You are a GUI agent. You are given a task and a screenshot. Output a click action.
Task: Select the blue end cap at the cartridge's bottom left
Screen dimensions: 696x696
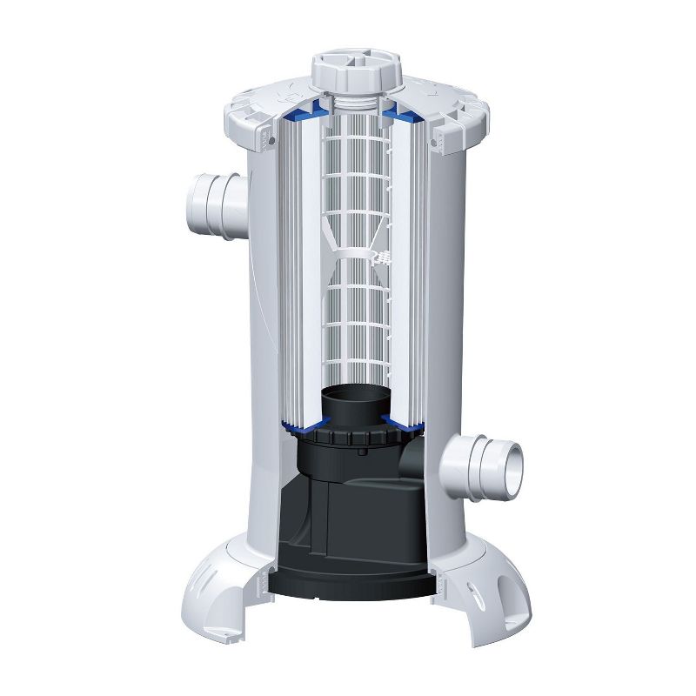[x=300, y=425]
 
